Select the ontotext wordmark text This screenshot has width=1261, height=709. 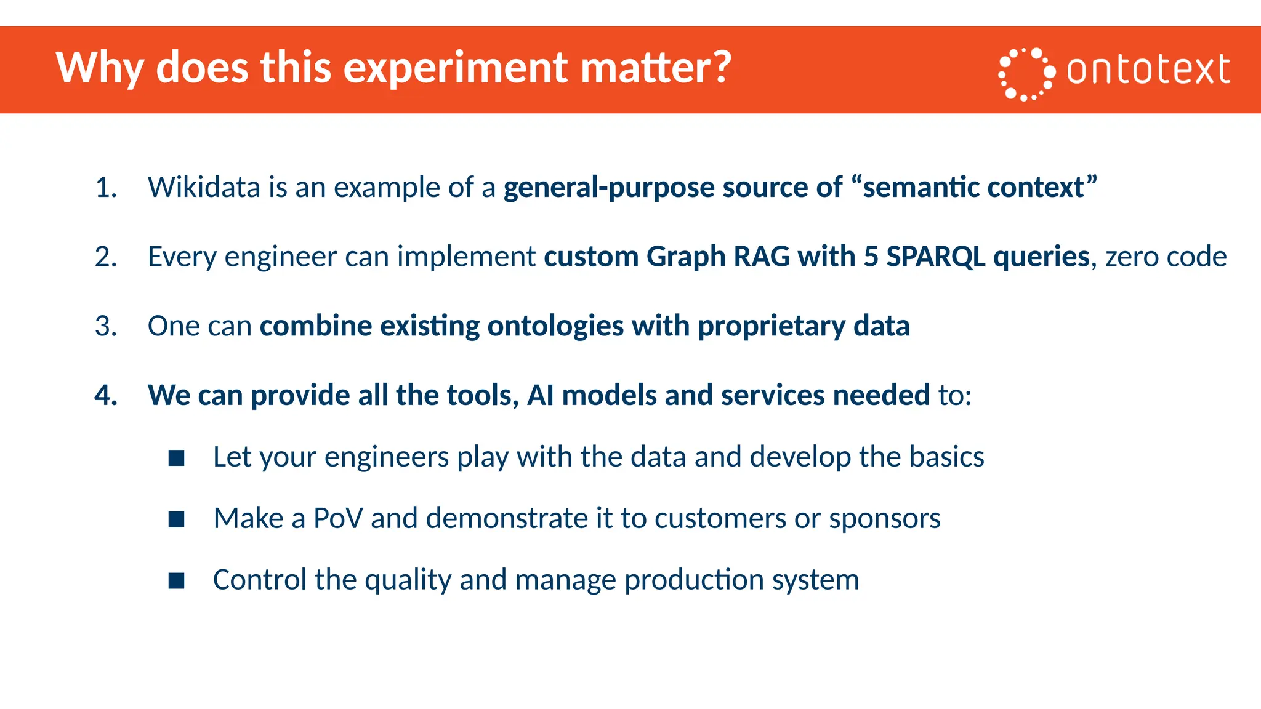pyautogui.click(x=1148, y=70)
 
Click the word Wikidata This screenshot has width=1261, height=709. pyautogui.click(x=204, y=187)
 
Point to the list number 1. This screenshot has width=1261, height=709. pyautogui.click(x=105, y=187)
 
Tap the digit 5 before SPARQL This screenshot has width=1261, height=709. pyautogui.click(x=871, y=257)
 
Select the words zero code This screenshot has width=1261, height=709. pyautogui.click(x=1166, y=257)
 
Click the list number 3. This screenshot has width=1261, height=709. pyautogui.click(x=105, y=326)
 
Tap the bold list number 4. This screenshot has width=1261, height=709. pyautogui.click(x=105, y=395)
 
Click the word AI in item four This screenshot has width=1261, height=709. pyautogui.click(x=541, y=395)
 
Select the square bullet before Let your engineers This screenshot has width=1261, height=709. pyautogui.click(x=177, y=458)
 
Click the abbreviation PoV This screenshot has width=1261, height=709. pyautogui.click(x=338, y=518)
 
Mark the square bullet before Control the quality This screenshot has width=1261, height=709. pyautogui.click(x=177, y=580)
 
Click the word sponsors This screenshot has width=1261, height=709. pyautogui.click(x=885, y=518)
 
